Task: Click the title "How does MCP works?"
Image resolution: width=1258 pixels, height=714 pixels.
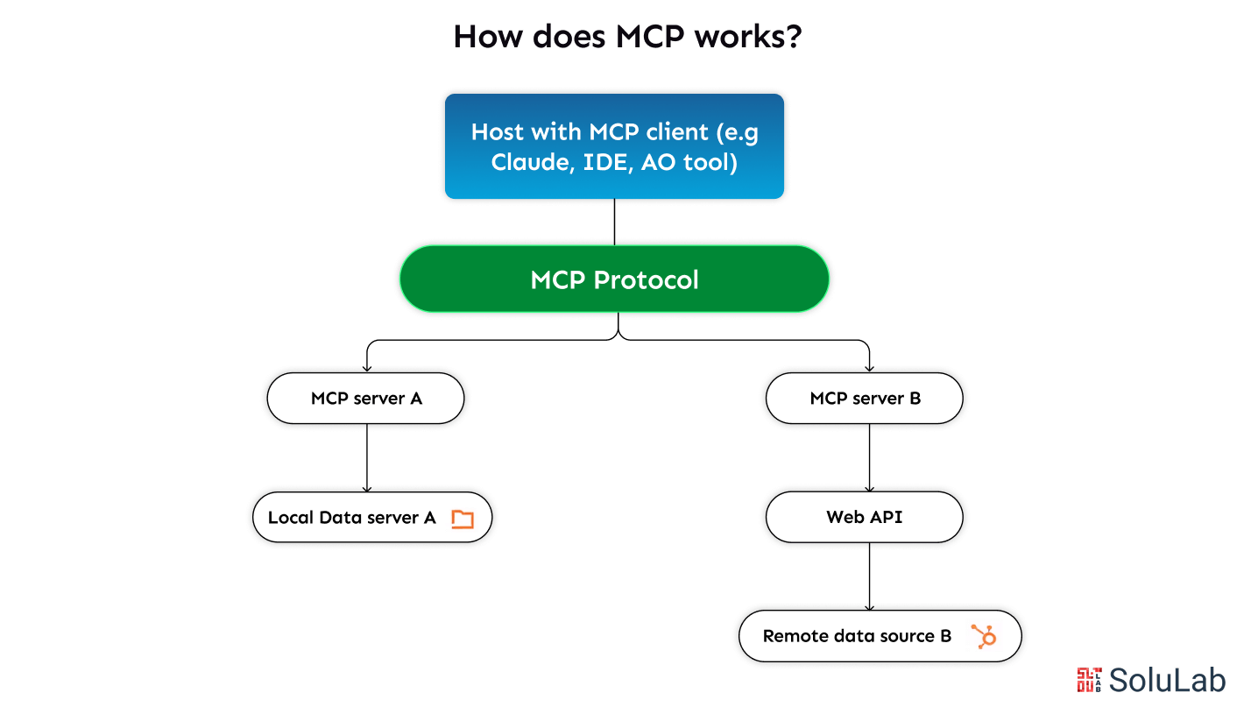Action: tap(627, 37)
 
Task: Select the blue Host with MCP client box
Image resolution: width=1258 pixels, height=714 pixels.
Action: tap(614, 146)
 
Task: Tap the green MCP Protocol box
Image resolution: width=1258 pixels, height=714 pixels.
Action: tap(614, 279)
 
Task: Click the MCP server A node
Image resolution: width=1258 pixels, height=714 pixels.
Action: tap(365, 399)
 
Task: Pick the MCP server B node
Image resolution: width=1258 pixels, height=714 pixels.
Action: tap(864, 399)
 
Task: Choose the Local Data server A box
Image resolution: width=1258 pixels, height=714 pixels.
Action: tap(372, 518)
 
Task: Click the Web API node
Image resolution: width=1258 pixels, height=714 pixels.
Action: tap(864, 517)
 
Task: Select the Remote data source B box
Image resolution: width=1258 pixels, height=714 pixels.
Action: tap(880, 636)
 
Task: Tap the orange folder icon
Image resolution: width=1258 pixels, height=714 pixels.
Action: tap(462, 519)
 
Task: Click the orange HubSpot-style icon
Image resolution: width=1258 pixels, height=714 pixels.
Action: tap(985, 636)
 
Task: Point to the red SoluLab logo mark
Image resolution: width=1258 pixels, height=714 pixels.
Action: tap(1089, 680)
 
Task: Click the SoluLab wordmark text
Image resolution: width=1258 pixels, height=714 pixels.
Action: tap(1167, 680)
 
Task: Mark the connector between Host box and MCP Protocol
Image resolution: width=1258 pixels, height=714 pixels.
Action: tap(614, 222)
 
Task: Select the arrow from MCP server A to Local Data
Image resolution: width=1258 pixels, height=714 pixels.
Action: tap(366, 457)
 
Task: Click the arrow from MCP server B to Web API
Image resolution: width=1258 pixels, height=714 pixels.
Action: tap(869, 457)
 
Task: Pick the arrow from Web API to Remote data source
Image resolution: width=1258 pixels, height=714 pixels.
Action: tap(869, 576)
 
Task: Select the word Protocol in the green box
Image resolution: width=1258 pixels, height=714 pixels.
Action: tap(647, 280)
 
